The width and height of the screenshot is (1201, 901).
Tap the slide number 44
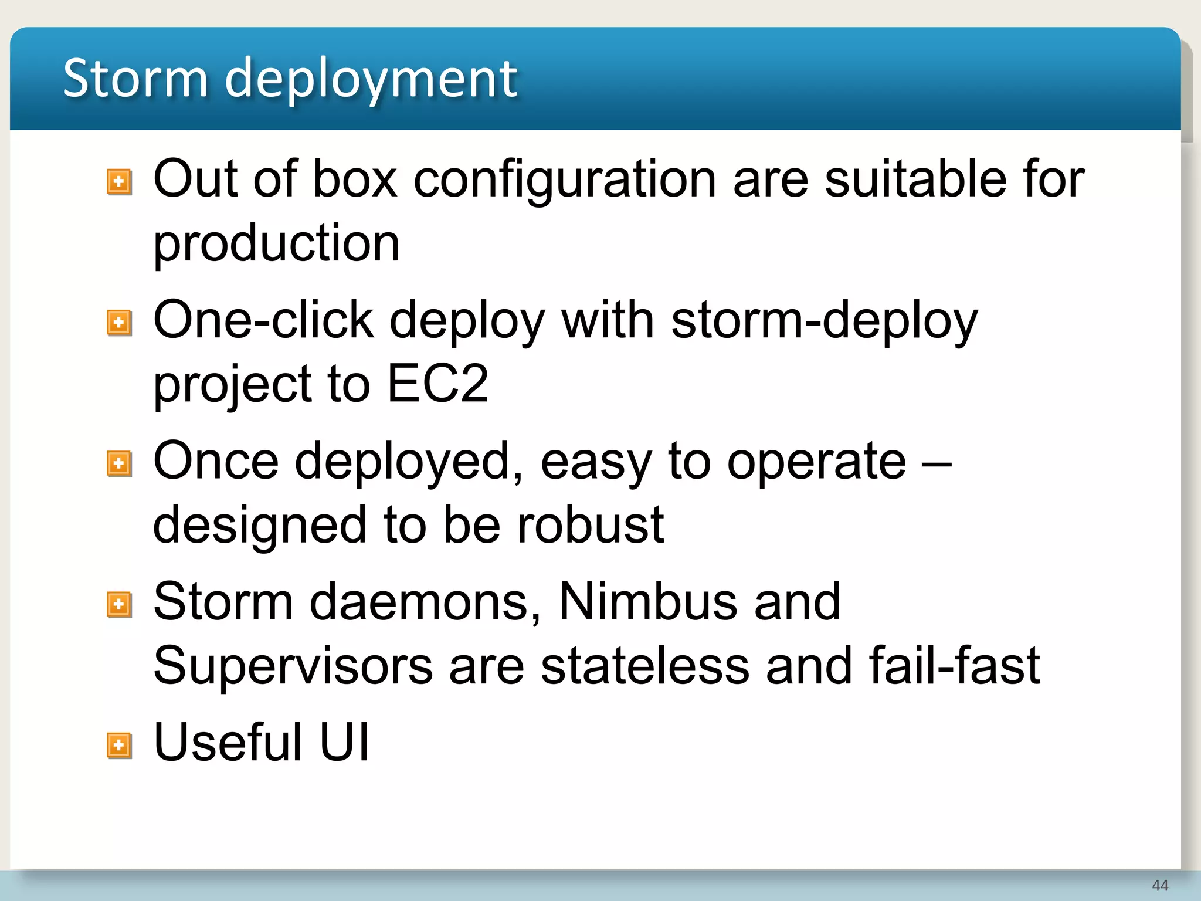tap(1159, 885)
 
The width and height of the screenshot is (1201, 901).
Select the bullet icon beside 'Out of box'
tap(119, 182)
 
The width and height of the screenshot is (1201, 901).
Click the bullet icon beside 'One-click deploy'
tap(119, 323)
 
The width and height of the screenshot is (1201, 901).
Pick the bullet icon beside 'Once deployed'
tap(119, 463)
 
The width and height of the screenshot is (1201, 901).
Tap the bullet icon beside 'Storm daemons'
tap(119, 604)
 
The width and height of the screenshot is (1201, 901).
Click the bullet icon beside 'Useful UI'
tap(119, 746)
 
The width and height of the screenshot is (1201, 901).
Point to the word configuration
tap(565, 179)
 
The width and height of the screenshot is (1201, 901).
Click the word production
tap(276, 244)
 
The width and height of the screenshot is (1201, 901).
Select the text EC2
tap(437, 384)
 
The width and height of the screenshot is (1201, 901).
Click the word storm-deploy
tap(824, 321)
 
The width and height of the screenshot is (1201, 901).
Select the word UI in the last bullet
tap(344, 742)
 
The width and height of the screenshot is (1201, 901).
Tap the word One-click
tap(263, 320)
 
